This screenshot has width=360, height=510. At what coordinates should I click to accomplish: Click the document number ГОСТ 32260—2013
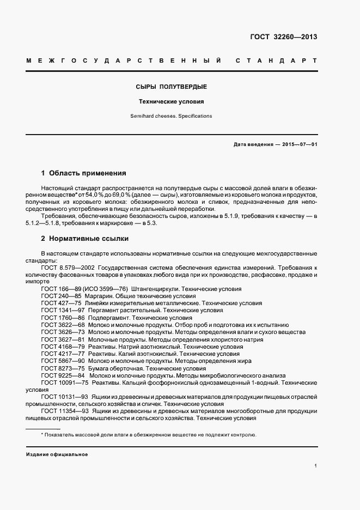283,37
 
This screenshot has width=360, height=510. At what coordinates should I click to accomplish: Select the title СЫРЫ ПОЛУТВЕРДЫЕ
171,87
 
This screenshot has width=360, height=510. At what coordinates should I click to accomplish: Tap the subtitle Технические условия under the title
171,102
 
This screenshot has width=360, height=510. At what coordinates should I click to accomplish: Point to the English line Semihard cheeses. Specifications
171,116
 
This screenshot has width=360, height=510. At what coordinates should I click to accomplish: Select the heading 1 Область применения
84,173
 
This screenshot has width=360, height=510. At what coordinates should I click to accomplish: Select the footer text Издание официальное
57,454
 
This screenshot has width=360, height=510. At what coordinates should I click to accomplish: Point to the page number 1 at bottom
315,466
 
